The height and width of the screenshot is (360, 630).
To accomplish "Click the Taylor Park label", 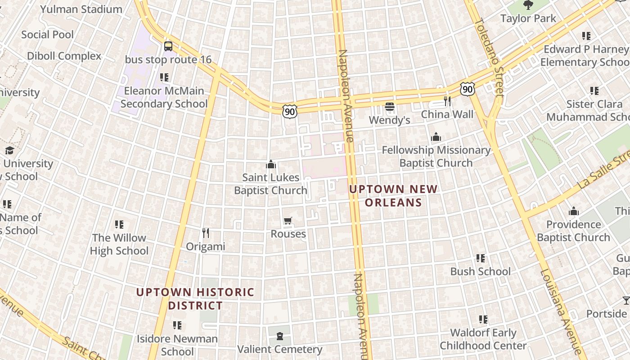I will (528, 18).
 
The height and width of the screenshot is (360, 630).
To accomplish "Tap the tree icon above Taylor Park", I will (528, 5).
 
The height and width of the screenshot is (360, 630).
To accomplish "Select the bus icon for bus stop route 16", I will (168, 46).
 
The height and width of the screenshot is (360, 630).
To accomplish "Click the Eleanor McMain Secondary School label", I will (164, 97).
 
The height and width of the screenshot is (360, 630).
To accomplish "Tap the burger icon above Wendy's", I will (390, 107).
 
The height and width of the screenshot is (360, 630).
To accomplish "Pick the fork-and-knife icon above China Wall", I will (447, 101).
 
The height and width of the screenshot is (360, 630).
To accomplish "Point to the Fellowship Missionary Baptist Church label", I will (436, 156).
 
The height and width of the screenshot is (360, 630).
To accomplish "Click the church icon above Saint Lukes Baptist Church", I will (270, 165).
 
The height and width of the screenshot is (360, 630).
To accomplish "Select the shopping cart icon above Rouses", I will (288, 220).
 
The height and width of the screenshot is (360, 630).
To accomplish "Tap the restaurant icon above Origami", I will (206, 233).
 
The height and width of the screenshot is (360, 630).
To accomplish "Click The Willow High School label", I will (119, 244).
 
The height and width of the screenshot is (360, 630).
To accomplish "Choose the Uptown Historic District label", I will (195, 299).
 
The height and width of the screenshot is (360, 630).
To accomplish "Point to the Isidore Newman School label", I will (177, 345).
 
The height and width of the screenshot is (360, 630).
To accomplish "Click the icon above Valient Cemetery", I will (280, 336).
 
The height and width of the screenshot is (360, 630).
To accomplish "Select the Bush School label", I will (480, 271).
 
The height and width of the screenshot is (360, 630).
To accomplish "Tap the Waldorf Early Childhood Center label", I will (483, 339).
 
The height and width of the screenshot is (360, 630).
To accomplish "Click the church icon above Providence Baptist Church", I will (573, 211).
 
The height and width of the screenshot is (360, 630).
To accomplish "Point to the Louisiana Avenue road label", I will (561, 310).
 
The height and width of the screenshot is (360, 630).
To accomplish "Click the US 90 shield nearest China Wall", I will (468, 89).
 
